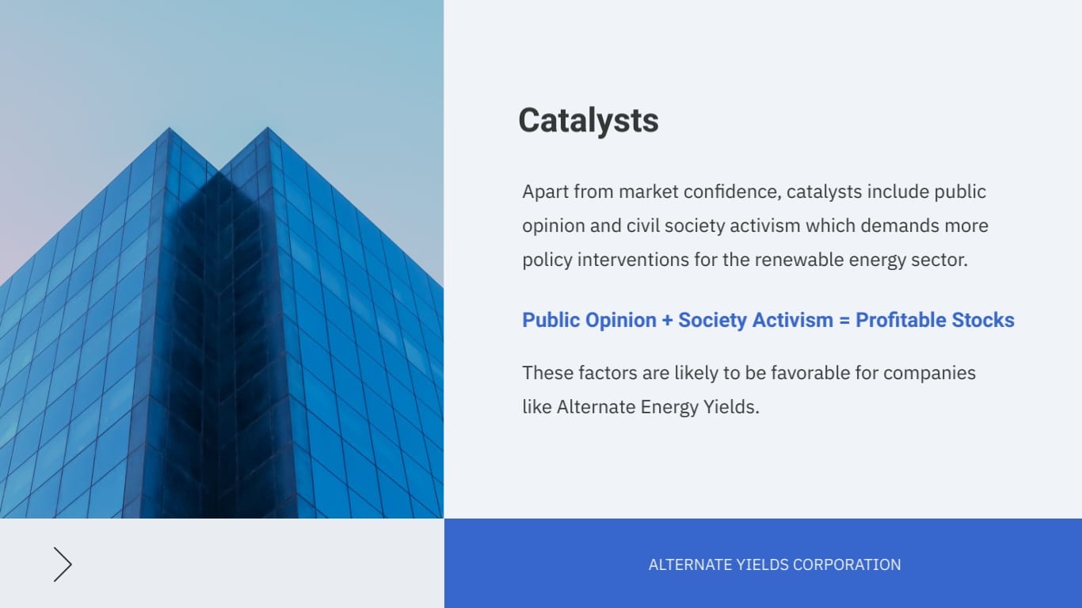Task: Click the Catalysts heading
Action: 589,121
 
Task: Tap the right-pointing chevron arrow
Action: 63,564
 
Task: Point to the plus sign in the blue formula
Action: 667,320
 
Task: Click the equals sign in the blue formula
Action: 844,320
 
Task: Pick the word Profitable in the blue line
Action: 901,320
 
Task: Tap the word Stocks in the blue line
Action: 983,320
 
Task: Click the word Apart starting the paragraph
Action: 545,192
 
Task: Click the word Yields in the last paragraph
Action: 731,407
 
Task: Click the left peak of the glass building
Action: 169,128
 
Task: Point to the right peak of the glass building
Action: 268,128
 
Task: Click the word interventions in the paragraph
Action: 633,260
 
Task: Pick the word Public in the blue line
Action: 551,320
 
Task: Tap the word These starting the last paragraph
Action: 548,373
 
